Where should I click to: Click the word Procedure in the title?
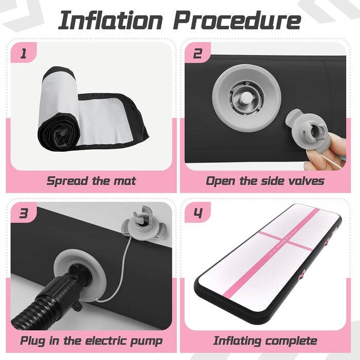237,21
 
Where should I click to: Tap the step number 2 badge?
197,53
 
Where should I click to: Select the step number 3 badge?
24,213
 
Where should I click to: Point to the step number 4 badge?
197,213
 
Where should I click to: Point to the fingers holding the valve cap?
328,152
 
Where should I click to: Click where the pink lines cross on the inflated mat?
284,241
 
